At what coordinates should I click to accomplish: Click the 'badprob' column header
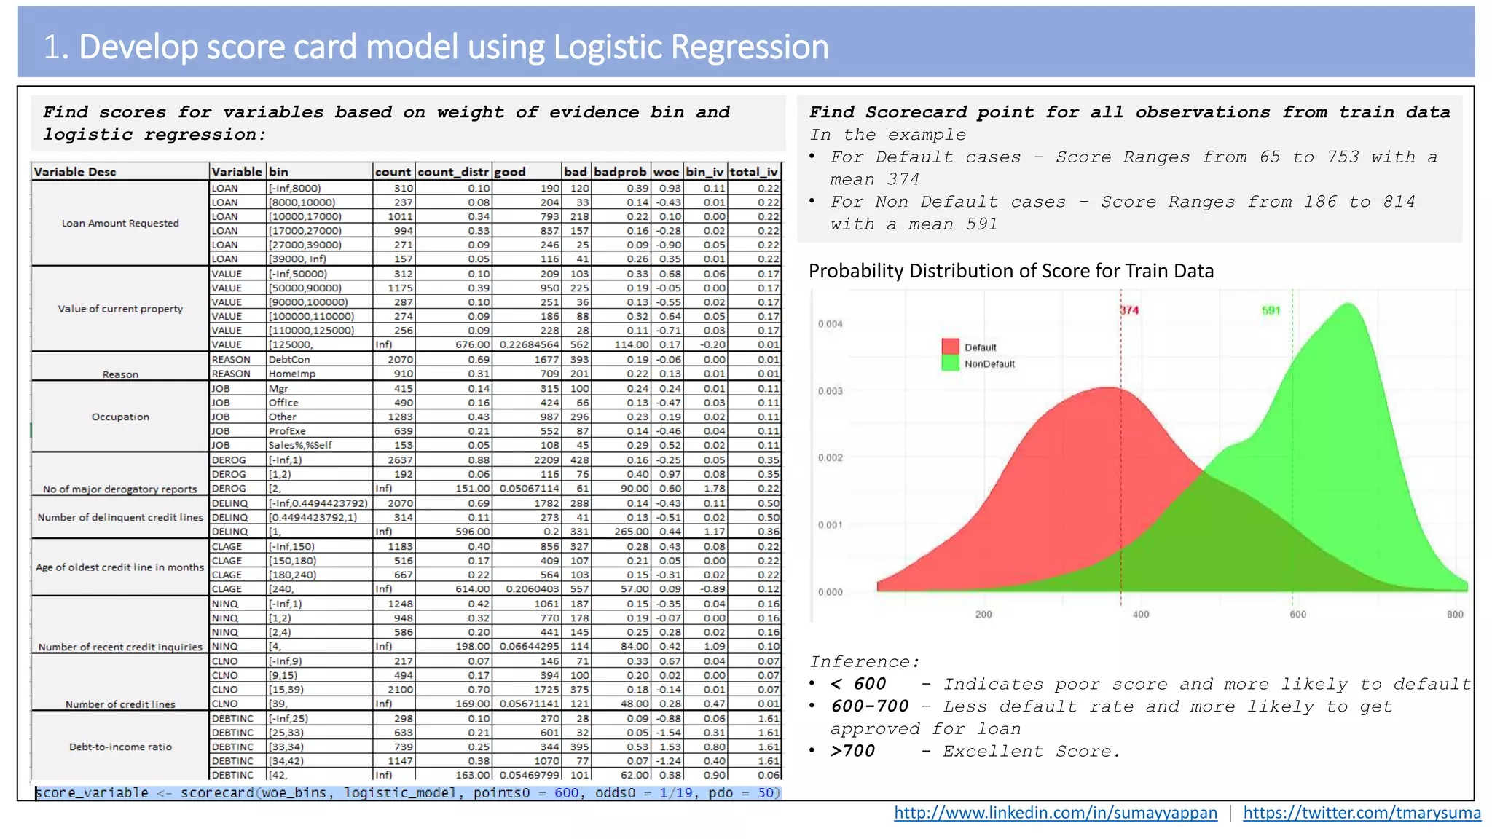619,172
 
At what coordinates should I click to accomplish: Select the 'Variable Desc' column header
75,172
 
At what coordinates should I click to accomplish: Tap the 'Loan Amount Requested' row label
120,224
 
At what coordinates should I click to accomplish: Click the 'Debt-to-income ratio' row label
120,747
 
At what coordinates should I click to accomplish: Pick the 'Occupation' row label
120,417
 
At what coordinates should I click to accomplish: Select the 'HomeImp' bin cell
288,374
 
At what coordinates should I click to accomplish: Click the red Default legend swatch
950,347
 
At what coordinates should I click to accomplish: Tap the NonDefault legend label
989,364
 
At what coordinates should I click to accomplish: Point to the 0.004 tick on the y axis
830,324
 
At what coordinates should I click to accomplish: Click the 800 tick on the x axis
1454,615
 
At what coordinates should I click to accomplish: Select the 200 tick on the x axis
983,615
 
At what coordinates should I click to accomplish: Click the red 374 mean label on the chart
1129,310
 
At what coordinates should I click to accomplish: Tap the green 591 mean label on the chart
1271,310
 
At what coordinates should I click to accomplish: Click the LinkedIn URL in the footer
1055,813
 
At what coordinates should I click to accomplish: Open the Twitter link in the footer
1362,813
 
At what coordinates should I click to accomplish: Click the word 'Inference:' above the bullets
865,662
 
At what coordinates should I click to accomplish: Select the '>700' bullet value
852,752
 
